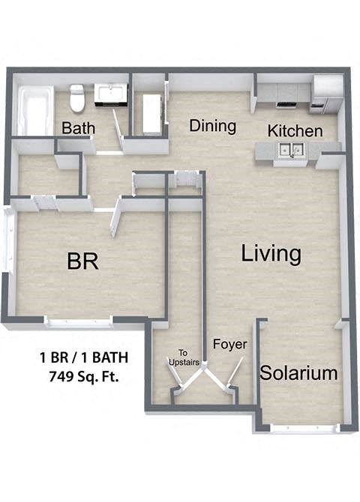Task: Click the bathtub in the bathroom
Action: (x=34, y=111)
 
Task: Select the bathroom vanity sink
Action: (x=111, y=95)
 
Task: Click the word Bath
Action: (x=78, y=128)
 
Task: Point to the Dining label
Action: (x=212, y=126)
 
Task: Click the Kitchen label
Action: (x=295, y=131)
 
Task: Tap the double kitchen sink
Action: (x=291, y=151)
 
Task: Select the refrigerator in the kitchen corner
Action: (x=326, y=93)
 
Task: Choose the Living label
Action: (x=271, y=254)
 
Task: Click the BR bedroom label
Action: (x=83, y=261)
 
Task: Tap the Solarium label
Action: (x=298, y=372)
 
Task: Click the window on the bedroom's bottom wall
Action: (x=78, y=322)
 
